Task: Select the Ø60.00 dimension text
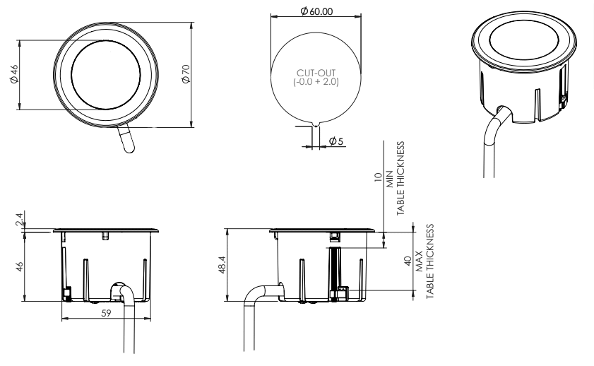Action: click(316, 12)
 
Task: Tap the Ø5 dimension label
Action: click(336, 142)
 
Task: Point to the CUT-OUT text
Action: click(316, 73)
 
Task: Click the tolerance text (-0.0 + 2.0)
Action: click(316, 82)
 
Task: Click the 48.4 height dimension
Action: click(221, 265)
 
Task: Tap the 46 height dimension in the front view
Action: click(20, 266)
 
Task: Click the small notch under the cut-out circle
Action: click(316, 124)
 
